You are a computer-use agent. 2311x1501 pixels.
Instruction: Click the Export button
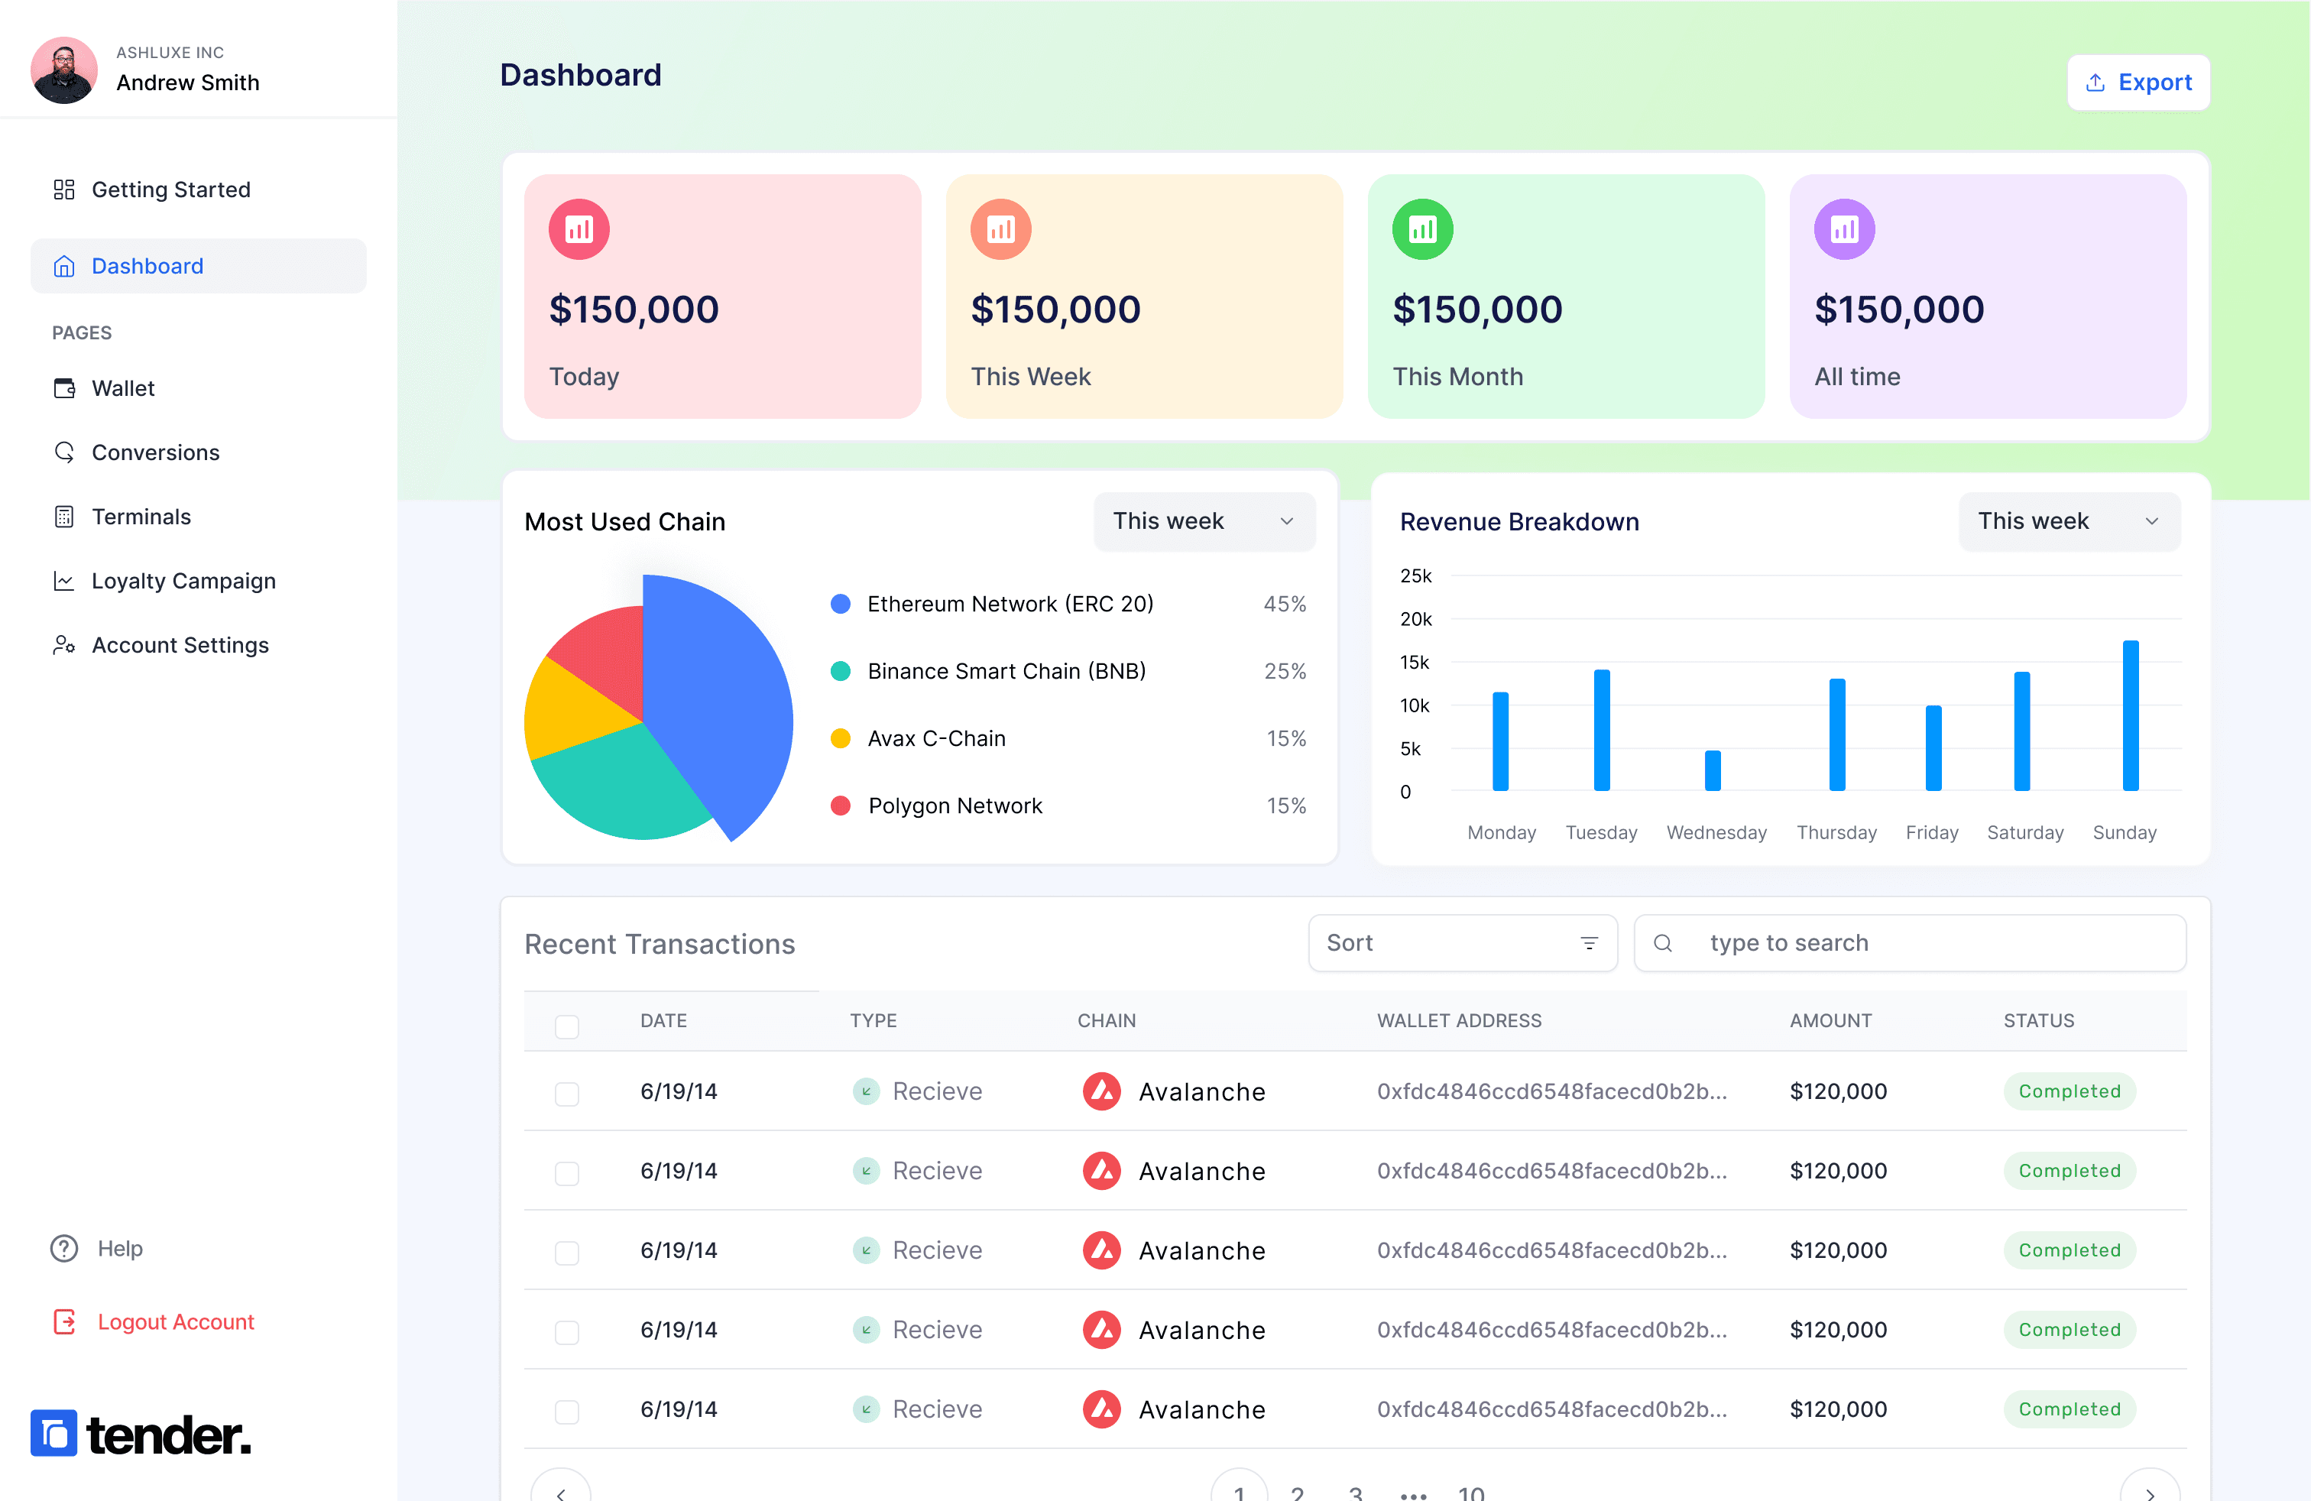pyautogui.click(x=2138, y=83)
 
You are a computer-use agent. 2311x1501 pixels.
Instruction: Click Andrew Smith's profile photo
pyautogui.click(x=64, y=70)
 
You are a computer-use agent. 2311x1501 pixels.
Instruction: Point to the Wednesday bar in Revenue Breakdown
pyautogui.click(x=1713, y=771)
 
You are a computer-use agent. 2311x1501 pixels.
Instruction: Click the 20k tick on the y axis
pyautogui.click(x=1416, y=619)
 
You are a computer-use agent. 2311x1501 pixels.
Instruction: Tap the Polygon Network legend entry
pyautogui.click(x=936, y=806)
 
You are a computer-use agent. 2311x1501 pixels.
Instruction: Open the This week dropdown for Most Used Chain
pyautogui.click(x=1204, y=521)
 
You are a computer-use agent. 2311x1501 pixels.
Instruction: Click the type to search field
pyautogui.click(x=1910, y=943)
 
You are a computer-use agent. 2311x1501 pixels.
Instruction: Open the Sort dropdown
pyautogui.click(x=1463, y=943)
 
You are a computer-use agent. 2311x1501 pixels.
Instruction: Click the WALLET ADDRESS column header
pyautogui.click(x=1458, y=1020)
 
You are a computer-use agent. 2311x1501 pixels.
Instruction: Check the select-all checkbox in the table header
pyautogui.click(x=567, y=1026)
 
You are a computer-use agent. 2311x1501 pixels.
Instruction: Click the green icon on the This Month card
pyautogui.click(x=1422, y=229)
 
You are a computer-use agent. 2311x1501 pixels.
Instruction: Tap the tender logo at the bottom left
pyautogui.click(x=141, y=1433)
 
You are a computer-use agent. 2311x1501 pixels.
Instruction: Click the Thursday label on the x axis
pyautogui.click(x=1836, y=833)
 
